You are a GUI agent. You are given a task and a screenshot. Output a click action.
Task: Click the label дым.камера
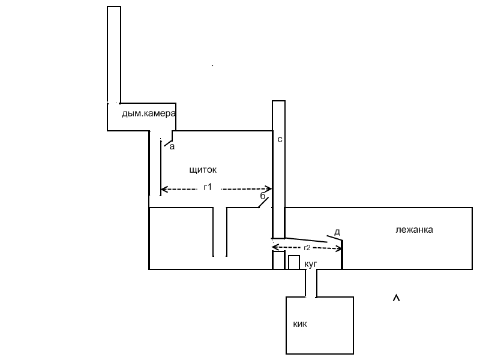[x=148, y=113]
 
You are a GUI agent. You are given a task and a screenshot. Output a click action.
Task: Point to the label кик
[x=301, y=324]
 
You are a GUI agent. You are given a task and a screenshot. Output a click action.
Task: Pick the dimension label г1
[x=208, y=187]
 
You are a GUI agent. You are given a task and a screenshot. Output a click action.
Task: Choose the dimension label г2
[x=307, y=247]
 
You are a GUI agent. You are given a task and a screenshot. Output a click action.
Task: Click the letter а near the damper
[x=172, y=145]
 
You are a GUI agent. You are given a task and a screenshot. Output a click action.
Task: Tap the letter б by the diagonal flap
[x=262, y=196]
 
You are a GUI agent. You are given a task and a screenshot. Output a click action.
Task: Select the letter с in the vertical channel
[x=280, y=139]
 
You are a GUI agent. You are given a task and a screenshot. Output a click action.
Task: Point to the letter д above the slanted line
[x=337, y=232]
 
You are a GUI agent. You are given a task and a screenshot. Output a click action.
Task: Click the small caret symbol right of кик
[x=395, y=298]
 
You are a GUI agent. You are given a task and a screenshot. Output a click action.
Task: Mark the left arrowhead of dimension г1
[x=164, y=190]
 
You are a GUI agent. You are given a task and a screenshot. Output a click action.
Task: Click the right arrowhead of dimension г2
[x=339, y=248]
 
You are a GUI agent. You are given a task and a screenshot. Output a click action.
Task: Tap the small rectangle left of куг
[x=294, y=262]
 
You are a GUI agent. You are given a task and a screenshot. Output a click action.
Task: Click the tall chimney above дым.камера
[x=114, y=54]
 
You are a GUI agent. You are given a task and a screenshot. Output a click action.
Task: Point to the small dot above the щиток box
[x=212, y=64]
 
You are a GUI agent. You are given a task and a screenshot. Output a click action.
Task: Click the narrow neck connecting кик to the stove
[x=311, y=283]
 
